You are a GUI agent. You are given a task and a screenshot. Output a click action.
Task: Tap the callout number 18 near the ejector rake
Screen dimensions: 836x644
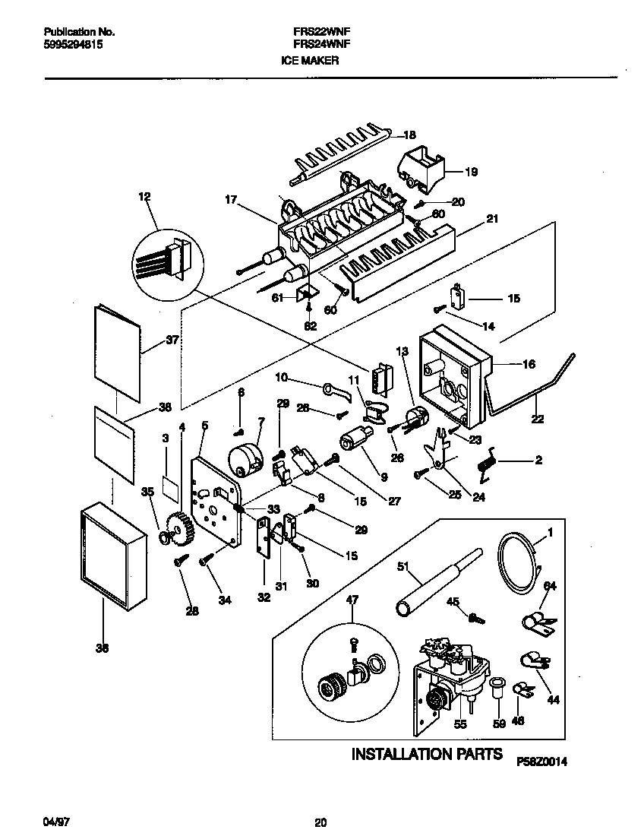pyautogui.click(x=409, y=135)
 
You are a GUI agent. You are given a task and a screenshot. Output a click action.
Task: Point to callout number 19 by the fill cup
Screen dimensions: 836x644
pyautogui.click(x=470, y=172)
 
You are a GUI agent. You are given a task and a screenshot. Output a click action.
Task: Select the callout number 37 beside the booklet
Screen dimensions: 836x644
pyautogui.click(x=172, y=340)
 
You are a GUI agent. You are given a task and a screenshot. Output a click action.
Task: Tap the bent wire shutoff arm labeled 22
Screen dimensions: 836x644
pyautogui.click(x=535, y=391)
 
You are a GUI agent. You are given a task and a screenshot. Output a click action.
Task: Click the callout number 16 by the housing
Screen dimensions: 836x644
pyautogui.click(x=529, y=364)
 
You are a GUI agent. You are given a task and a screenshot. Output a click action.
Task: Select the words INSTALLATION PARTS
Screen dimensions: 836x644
pyautogui.click(x=426, y=754)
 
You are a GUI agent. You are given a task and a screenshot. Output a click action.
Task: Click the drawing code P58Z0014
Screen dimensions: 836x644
pyautogui.click(x=542, y=761)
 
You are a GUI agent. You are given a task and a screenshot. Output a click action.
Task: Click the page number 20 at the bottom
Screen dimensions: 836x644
pyautogui.click(x=320, y=822)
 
